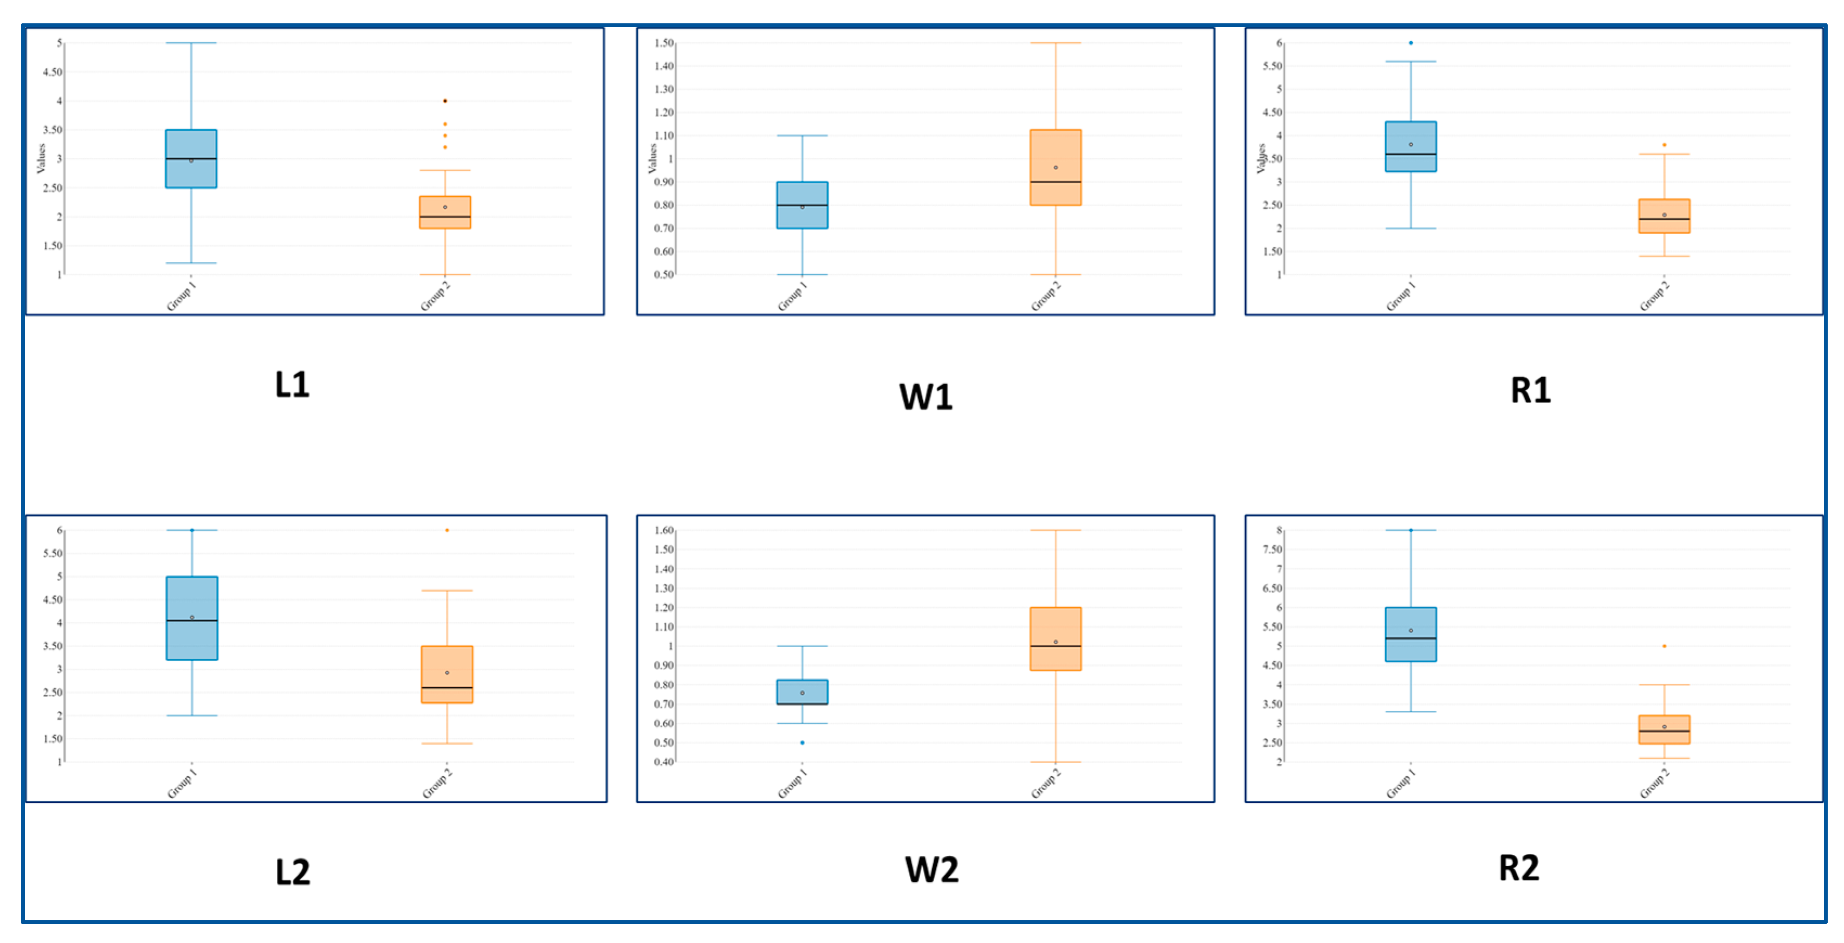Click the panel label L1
[x=292, y=384]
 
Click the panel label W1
[x=926, y=397]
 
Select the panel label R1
[x=1530, y=390]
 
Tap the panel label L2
[x=293, y=872]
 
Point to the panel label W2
[x=931, y=869]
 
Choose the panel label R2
[x=1518, y=868]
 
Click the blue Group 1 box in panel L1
[x=191, y=159]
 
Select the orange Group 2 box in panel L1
[x=444, y=212]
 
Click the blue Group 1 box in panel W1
[x=802, y=205]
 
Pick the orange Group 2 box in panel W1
[x=1055, y=167]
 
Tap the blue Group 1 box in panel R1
[x=1410, y=147]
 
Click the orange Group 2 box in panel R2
[x=1664, y=729]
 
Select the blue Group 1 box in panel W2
[x=802, y=692]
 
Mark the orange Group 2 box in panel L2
[x=447, y=674]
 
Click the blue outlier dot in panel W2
[x=802, y=742]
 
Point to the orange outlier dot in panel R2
[x=1664, y=646]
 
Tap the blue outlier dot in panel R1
[x=1410, y=43]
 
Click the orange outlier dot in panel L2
[x=447, y=530]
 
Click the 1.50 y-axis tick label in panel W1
[x=664, y=43]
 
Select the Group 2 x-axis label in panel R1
[x=1654, y=296]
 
